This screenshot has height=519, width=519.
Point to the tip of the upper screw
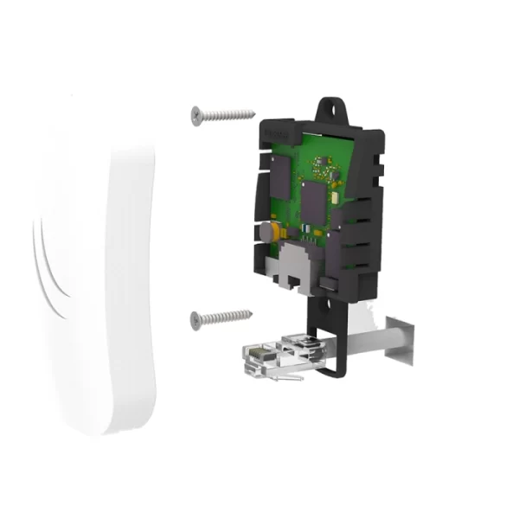254,112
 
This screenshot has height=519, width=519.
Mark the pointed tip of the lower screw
252,313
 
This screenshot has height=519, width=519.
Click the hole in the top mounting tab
330,108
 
